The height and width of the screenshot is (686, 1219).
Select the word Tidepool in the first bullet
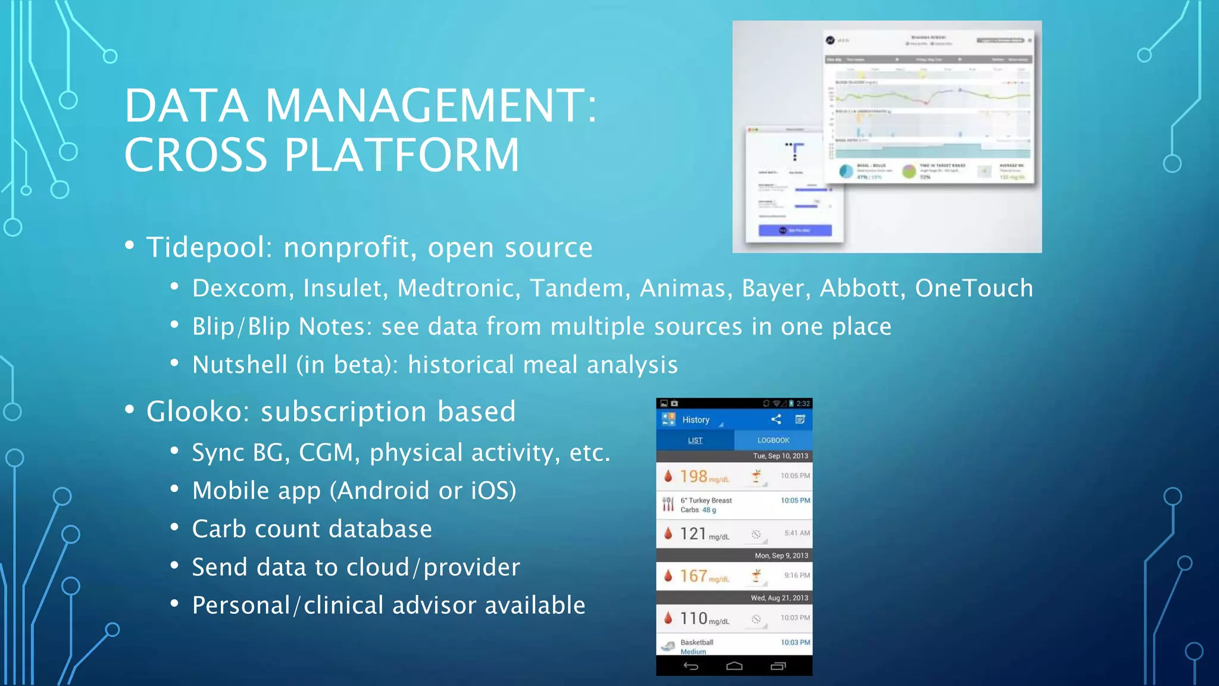205,248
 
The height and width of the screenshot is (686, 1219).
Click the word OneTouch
974,289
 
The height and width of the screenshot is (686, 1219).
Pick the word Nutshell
239,365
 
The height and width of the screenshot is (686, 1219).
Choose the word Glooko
194,412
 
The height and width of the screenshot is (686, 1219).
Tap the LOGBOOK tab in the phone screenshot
773,441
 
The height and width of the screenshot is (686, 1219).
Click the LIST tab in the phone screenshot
695,441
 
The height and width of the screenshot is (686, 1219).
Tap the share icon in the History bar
776,420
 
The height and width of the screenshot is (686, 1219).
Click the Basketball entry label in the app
696,643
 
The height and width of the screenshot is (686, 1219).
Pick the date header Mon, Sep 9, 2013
781,556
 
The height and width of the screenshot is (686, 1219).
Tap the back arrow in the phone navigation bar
690,666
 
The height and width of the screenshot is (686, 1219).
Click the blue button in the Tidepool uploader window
795,230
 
